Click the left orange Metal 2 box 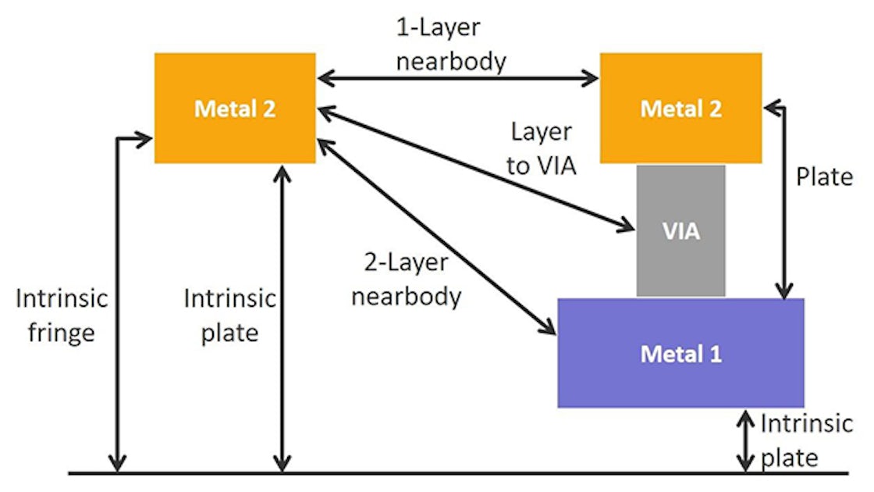click(x=234, y=108)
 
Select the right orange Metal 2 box click(x=680, y=108)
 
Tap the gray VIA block click(x=680, y=230)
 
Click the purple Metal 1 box click(x=680, y=353)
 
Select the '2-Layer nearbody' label click(x=406, y=280)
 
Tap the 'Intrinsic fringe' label click(x=62, y=316)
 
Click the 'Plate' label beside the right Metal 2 click(x=824, y=177)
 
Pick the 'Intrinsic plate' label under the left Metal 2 click(x=229, y=316)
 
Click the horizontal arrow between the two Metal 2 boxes click(x=457, y=77)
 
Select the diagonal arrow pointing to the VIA click(x=476, y=169)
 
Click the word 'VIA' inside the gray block click(x=680, y=231)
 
